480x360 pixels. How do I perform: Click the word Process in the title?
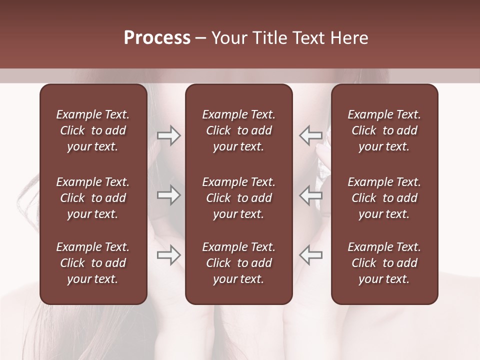pos(157,38)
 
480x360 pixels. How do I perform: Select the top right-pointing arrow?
pos(168,135)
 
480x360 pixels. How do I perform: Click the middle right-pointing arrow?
pos(168,195)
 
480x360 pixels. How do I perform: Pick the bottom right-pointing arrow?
pos(168,255)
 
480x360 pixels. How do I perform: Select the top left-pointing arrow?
pos(311,135)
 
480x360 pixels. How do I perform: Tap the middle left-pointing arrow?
pos(311,195)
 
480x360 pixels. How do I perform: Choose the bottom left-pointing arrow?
pos(311,255)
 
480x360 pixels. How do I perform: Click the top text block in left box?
pos(93,130)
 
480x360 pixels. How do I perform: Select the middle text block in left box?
pos(93,198)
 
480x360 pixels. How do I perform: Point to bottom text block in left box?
pos(93,263)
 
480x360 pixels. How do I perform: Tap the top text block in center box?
pos(238,130)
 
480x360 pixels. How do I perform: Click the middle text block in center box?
pos(238,198)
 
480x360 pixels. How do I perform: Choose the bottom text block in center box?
pos(238,263)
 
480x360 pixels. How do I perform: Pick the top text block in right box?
pos(384,130)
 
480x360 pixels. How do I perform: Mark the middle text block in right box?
pos(384,198)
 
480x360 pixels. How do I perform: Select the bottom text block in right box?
pos(384,263)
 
